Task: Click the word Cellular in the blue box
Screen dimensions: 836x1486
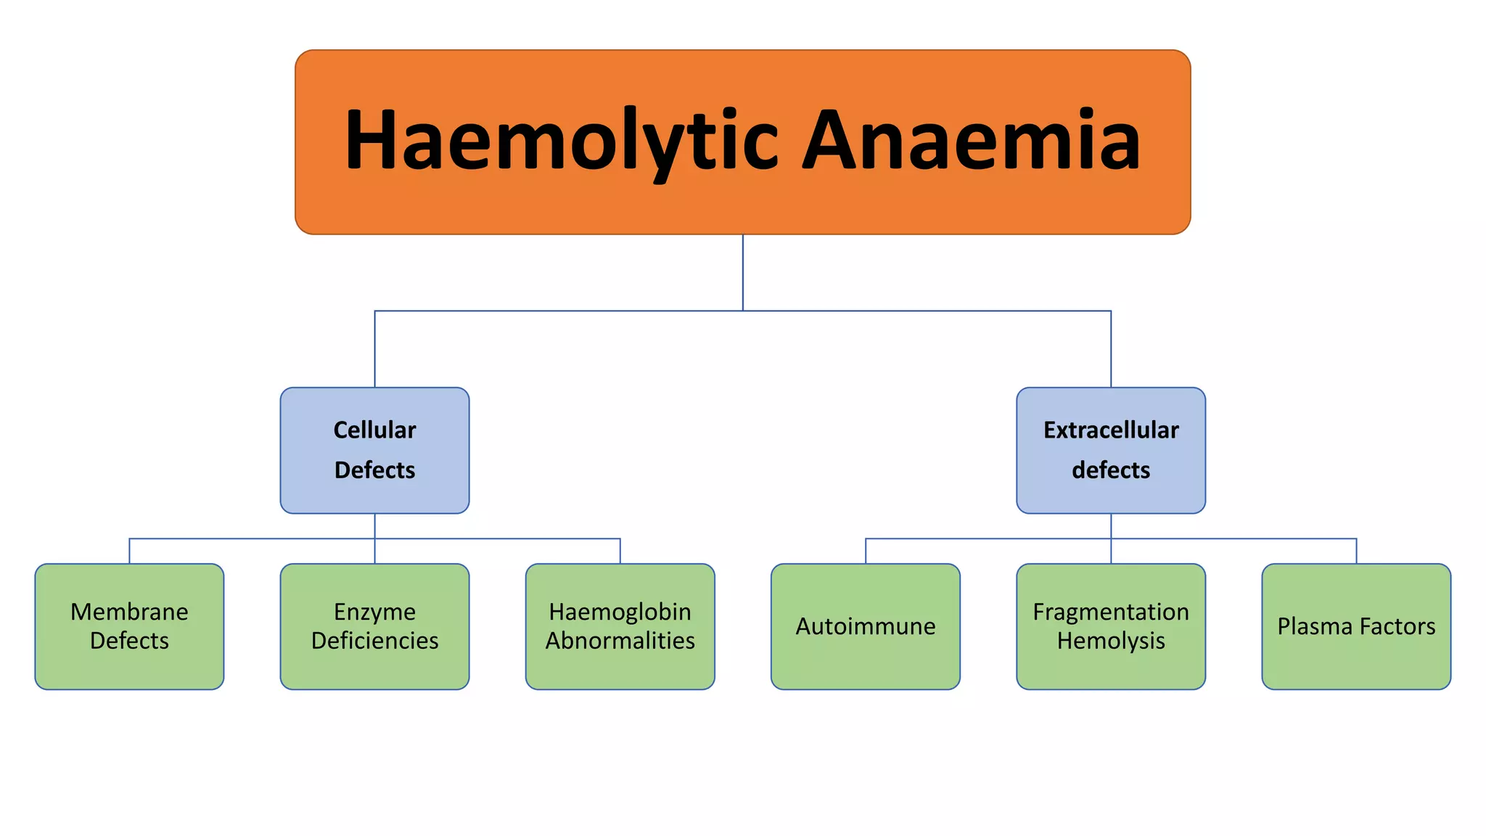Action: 374,430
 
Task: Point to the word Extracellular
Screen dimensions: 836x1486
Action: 1111,430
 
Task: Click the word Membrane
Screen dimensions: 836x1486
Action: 129,612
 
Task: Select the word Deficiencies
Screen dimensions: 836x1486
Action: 374,641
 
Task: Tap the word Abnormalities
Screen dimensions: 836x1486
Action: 620,641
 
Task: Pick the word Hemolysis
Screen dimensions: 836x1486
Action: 1111,641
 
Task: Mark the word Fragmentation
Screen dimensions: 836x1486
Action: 1111,612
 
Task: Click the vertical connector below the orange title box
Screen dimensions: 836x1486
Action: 742,272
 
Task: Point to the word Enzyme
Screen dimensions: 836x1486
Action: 374,612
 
